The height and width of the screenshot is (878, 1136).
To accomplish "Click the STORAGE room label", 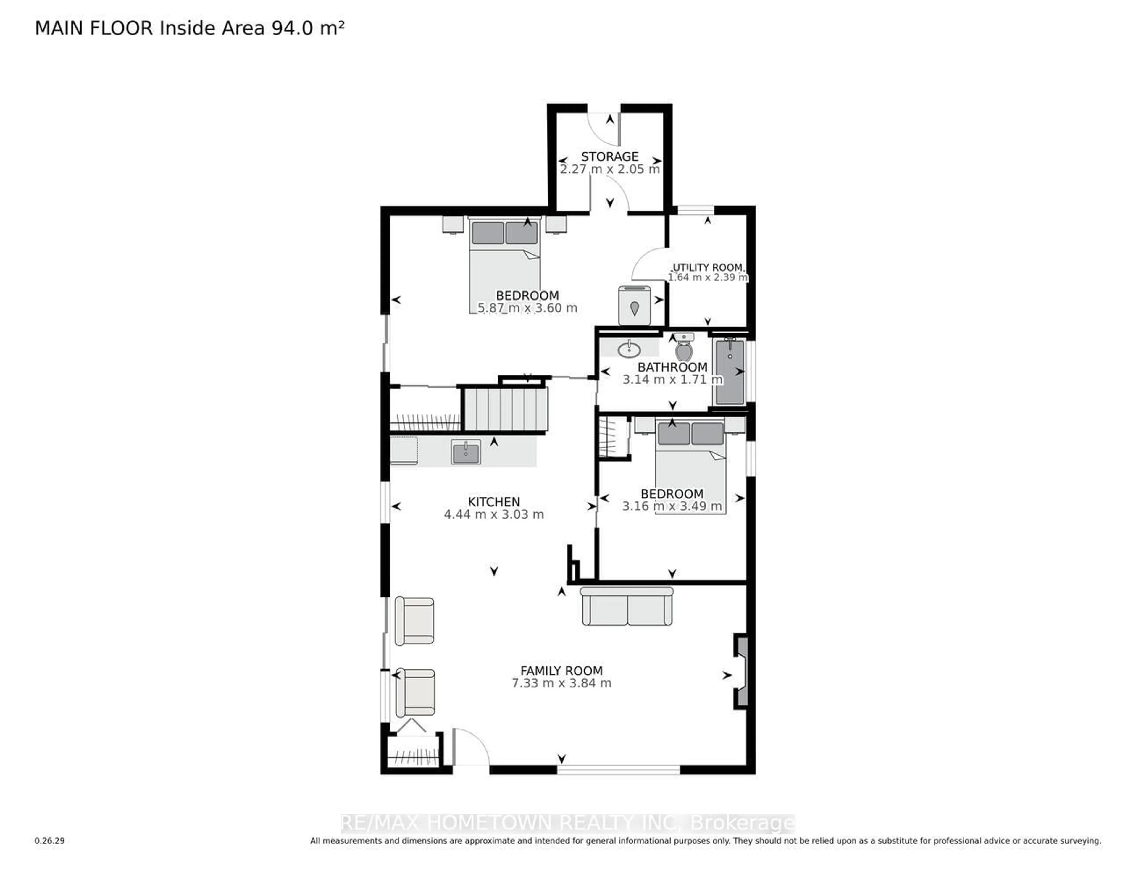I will [x=610, y=156].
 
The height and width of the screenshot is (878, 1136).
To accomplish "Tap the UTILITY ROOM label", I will [x=708, y=267].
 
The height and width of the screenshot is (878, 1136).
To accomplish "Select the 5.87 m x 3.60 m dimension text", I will [x=527, y=308].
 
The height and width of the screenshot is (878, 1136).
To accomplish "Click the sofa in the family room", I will [x=627, y=606].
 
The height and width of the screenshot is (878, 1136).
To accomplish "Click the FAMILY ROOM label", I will [x=561, y=671].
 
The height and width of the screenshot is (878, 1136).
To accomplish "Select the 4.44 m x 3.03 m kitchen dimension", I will [x=494, y=514].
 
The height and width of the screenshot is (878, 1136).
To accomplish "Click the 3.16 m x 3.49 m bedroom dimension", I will [x=672, y=506].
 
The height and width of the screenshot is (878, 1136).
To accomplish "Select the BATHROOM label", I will [x=672, y=367].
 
